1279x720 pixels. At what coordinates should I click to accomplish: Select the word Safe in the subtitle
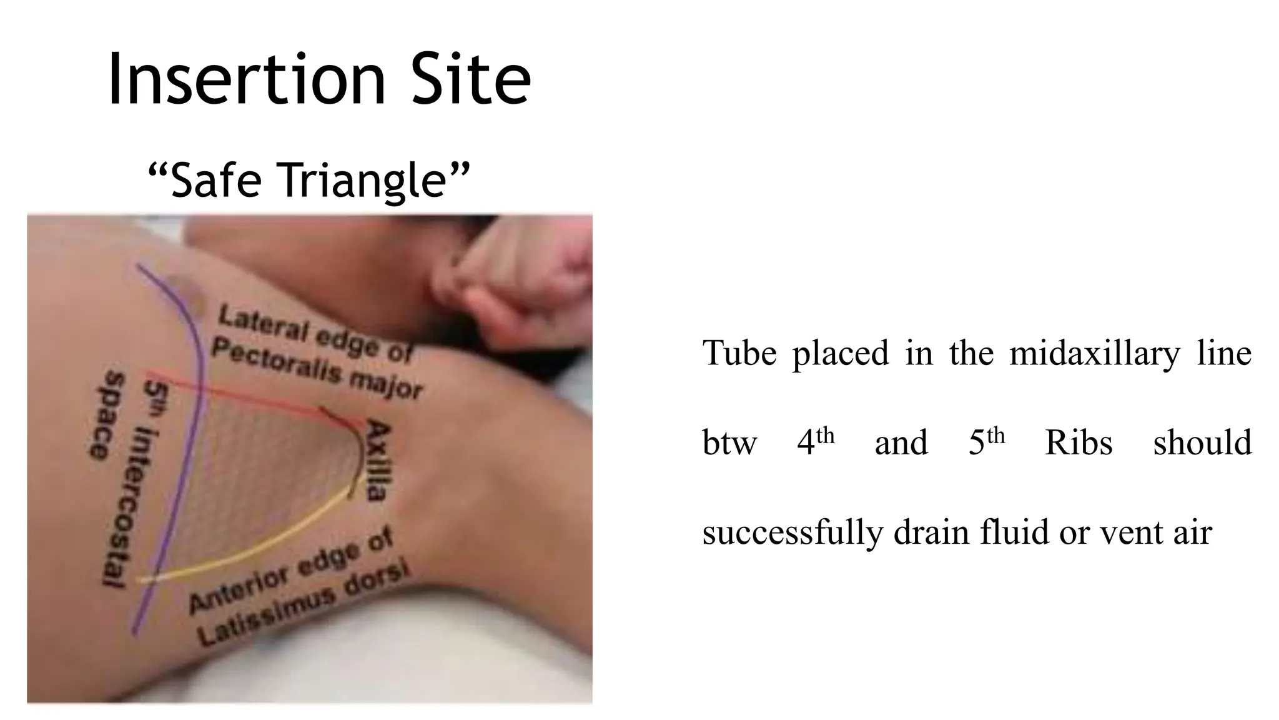pos(215,179)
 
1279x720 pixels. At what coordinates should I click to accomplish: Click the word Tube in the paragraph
pos(739,354)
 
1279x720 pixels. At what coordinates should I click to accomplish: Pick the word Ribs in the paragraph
pos(1079,443)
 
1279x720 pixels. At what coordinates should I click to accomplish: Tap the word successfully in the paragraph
pos(793,533)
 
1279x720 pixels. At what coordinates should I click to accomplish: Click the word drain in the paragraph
pos(931,533)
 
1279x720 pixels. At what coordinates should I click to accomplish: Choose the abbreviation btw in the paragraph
pos(729,443)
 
